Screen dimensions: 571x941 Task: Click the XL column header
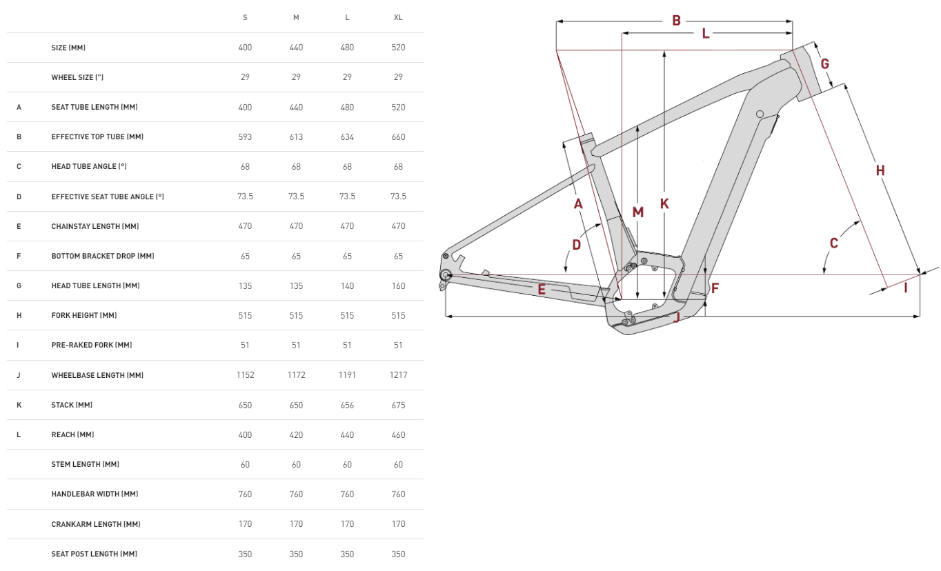[x=398, y=17]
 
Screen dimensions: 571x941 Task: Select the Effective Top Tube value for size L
[x=347, y=137]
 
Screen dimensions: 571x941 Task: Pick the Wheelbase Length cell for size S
[x=245, y=375]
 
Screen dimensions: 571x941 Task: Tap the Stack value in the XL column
[x=398, y=405]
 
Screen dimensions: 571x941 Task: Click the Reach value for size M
[x=296, y=434]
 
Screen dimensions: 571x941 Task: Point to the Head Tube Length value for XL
[x=398, y=285]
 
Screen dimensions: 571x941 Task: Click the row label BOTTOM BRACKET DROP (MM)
[x=102, y=256]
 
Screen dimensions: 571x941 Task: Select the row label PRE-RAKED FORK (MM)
[x=91, y=345]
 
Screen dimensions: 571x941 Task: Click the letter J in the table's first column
[x=19, y=375]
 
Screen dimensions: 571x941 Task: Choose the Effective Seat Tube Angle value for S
[x=245, y=197]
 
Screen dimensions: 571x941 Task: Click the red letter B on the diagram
[x=676, y=21]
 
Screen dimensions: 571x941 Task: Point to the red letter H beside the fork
[x=880, y=170]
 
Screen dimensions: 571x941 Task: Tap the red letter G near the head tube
[x=825, y=64]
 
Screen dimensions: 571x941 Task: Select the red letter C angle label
[x=834, y=243]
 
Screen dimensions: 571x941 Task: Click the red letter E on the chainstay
[x=542, y=290]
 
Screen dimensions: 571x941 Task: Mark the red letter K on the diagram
[x=664, y=203]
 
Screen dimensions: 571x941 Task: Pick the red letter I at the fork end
[x=906, y=288]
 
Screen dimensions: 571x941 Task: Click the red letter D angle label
[x=576, y=244]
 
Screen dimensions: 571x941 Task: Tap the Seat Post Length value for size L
[x=347, y=554]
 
